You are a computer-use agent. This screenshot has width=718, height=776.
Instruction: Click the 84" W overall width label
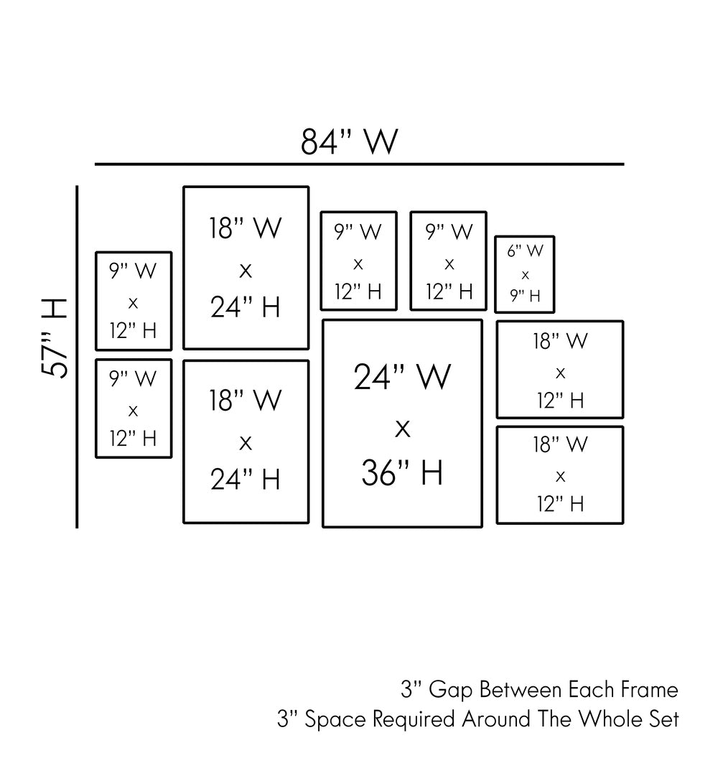pyautogui.click(x=349, y=141)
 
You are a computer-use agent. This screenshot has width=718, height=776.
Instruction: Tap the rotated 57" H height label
pyautogui.click(x=55, y=337)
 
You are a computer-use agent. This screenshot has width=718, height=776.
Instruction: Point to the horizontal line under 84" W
pyautogui.click(x=359, y=164)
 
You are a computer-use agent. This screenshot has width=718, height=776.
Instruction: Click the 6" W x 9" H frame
pyautogui.click(x=525, y=274)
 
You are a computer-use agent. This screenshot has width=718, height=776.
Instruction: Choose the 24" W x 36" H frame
pyautogui.click(x=402, y=424)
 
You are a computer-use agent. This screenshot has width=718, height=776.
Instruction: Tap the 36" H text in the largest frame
pyautogui.click(x=402, y=473)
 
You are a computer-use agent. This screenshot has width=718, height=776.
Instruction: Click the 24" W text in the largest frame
pyautogui.click(x=402, y=377)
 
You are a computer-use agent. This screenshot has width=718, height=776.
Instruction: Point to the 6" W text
pyautogui.click(x=525, y=251)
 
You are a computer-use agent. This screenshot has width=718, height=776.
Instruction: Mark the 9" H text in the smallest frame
pyautogui.click(x=525, y=296)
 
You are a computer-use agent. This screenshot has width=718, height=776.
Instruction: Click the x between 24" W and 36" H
pyautogui.click(x=402, y=429)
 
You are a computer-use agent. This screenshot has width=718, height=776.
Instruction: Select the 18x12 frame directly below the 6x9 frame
pyautogui.click(x=560, y=369)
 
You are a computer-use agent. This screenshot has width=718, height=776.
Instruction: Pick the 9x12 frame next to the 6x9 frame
pyautogui.click(x=448, y=261)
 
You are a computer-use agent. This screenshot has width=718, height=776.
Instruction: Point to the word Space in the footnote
pyautogui.click(x=331, y=719)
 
